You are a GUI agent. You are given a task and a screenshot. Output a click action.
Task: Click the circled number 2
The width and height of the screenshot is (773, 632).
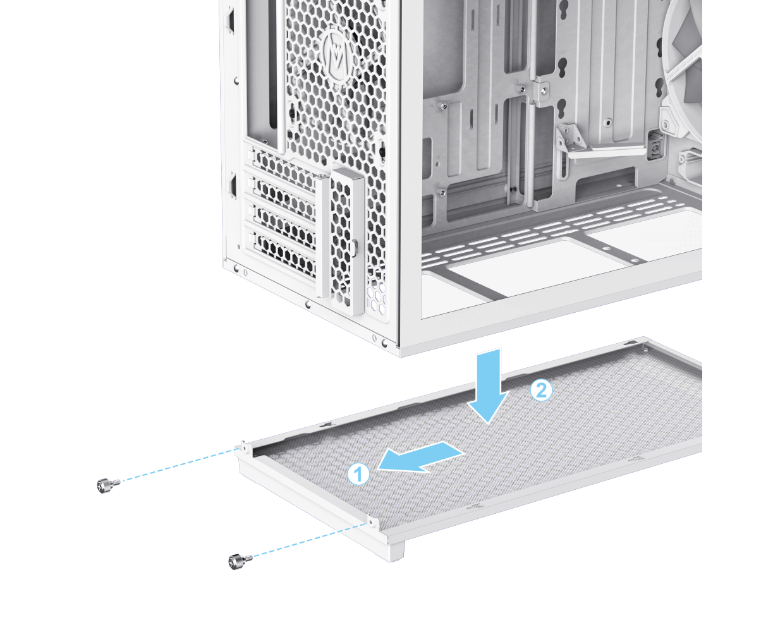pyautogui.click(x=541, y=390)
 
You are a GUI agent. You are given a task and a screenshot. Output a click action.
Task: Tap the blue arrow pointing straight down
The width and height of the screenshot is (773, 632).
pyautogui.click(x=488, y=386)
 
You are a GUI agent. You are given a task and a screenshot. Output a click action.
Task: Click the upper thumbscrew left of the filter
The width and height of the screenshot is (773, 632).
pyautogui.click(x=108, y=485)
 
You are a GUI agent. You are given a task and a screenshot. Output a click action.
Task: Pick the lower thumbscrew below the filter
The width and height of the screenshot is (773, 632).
pyautogui.click(x=240, y=562)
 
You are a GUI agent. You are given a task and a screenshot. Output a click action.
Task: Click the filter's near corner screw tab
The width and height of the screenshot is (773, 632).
pyautogui.click(x=373, y=521)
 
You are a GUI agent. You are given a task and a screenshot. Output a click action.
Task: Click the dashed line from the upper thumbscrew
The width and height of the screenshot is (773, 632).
pyautogui.click(x=180, y=464)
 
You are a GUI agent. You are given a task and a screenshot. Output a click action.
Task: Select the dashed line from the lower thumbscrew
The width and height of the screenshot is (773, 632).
pyautogui.click(x=310, y=540)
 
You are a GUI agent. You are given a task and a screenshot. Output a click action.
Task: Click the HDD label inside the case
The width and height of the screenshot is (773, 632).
pyautogui.click(x=563, y=52)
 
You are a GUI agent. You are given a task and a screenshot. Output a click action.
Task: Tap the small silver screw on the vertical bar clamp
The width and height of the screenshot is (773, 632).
pyautogui.click(x=545, y=88)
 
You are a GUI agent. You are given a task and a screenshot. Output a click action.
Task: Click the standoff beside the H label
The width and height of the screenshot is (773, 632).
pyautogui.click(x=444, y=106)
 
